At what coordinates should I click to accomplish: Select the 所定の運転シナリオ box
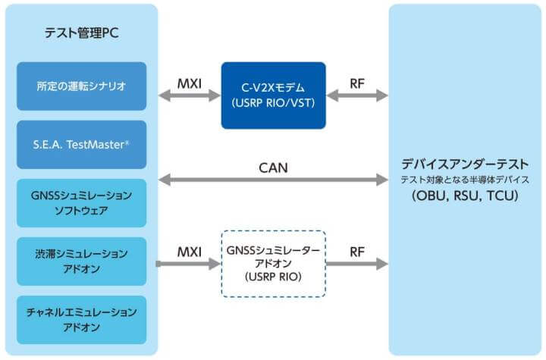coord(80,86)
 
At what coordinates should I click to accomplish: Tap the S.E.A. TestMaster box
coord(80,144)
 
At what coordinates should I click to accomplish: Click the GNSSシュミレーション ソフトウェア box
coord(80,202)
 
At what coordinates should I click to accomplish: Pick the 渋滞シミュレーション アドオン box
coord(80,260)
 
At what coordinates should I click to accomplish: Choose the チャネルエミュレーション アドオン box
coord(80,318)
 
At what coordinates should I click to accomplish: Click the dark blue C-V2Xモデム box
coord(273,95)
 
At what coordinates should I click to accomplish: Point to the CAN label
coord(273,167)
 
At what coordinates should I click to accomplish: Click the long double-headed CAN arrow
coord(273,180)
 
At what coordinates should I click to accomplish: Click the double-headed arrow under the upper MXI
coord(188,96)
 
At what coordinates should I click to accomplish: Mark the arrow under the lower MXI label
coord(188,265)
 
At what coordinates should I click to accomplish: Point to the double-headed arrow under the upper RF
coord(356,96)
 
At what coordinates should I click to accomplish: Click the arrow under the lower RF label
coord(356,265)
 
